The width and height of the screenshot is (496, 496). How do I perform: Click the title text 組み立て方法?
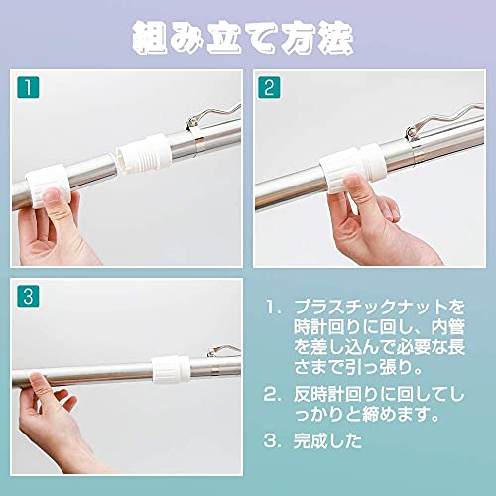(x=243, y=38)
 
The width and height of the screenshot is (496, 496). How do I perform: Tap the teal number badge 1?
(x=28, y=87)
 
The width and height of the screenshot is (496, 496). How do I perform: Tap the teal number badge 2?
(x=269, y=87)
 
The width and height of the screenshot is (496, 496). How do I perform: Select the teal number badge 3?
(x=28, y=296)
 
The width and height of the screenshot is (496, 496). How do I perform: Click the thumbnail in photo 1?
(x=52, y=195)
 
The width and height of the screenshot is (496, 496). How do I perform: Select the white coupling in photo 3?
(x=172, y=369)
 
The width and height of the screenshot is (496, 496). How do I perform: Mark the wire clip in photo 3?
(x=224, y=350)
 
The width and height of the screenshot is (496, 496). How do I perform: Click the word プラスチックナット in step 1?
(x=371, y=308)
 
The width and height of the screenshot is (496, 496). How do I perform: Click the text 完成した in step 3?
(x=327, y=440)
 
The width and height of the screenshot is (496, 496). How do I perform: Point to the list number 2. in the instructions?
(x=272, y=395)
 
